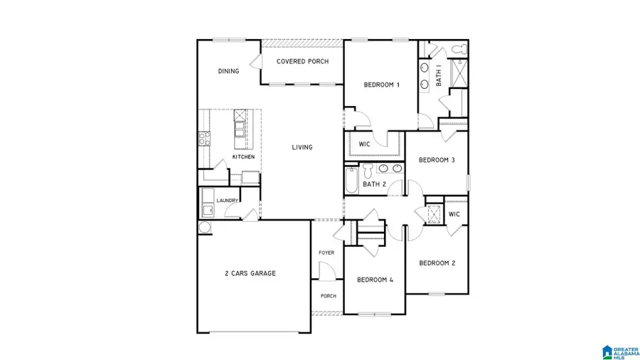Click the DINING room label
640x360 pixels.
pyautogui.click(x=228, y=71)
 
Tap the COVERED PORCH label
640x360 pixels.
pyautogui.click(x=302, y=62)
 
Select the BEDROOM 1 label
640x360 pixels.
pyautogui.click(x=381, y=85)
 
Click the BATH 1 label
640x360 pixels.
pyautogui.click(x=439, y=75)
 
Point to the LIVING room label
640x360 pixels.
pyautogui.click(x=302, y=147)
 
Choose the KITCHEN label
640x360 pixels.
pyautogui.click(x=243, y=157)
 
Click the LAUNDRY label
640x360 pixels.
pyautogui.click(x=227, y=201)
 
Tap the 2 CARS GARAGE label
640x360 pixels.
pyautogui.click(x=250, y=273)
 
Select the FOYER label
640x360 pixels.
pyautogui.click(x=326, y=253)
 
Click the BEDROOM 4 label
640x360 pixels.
pyautogui.click(x=375, y=280)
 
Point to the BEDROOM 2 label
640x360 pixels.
pyautogui.click(x=437, y=263)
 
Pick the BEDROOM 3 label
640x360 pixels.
pyautogui.click(x=436, y=160)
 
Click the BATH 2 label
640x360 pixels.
pyautogui.click(x=373, y=184)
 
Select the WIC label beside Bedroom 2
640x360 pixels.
pyautogui.click(x=454, y=214)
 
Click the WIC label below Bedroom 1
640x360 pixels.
pyautogui.click(x=364, y=144)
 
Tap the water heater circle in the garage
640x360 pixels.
pyautogui.click(x=204, y=227)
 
